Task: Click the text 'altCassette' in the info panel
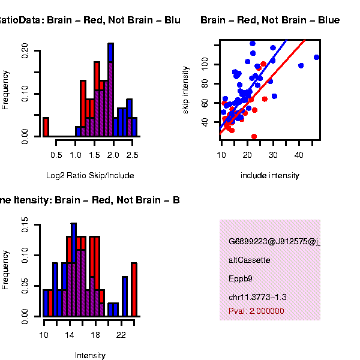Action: (250, 260)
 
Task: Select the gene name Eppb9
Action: (241, 278)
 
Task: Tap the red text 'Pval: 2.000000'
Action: (256, 311)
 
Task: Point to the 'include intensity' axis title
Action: (269, 176)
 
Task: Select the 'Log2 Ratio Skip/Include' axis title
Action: (90, 176)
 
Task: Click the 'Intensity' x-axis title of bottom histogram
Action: (90, 355)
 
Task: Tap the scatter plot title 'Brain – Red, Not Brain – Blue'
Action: (270, 20)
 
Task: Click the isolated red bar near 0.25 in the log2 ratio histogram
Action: (46, 127)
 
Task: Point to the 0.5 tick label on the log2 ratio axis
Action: (56, 155)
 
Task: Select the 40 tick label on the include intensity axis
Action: (299, 155)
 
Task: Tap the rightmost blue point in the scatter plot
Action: (317, 57)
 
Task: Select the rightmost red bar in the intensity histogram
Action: (134, 289)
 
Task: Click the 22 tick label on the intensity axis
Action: (121, 334)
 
